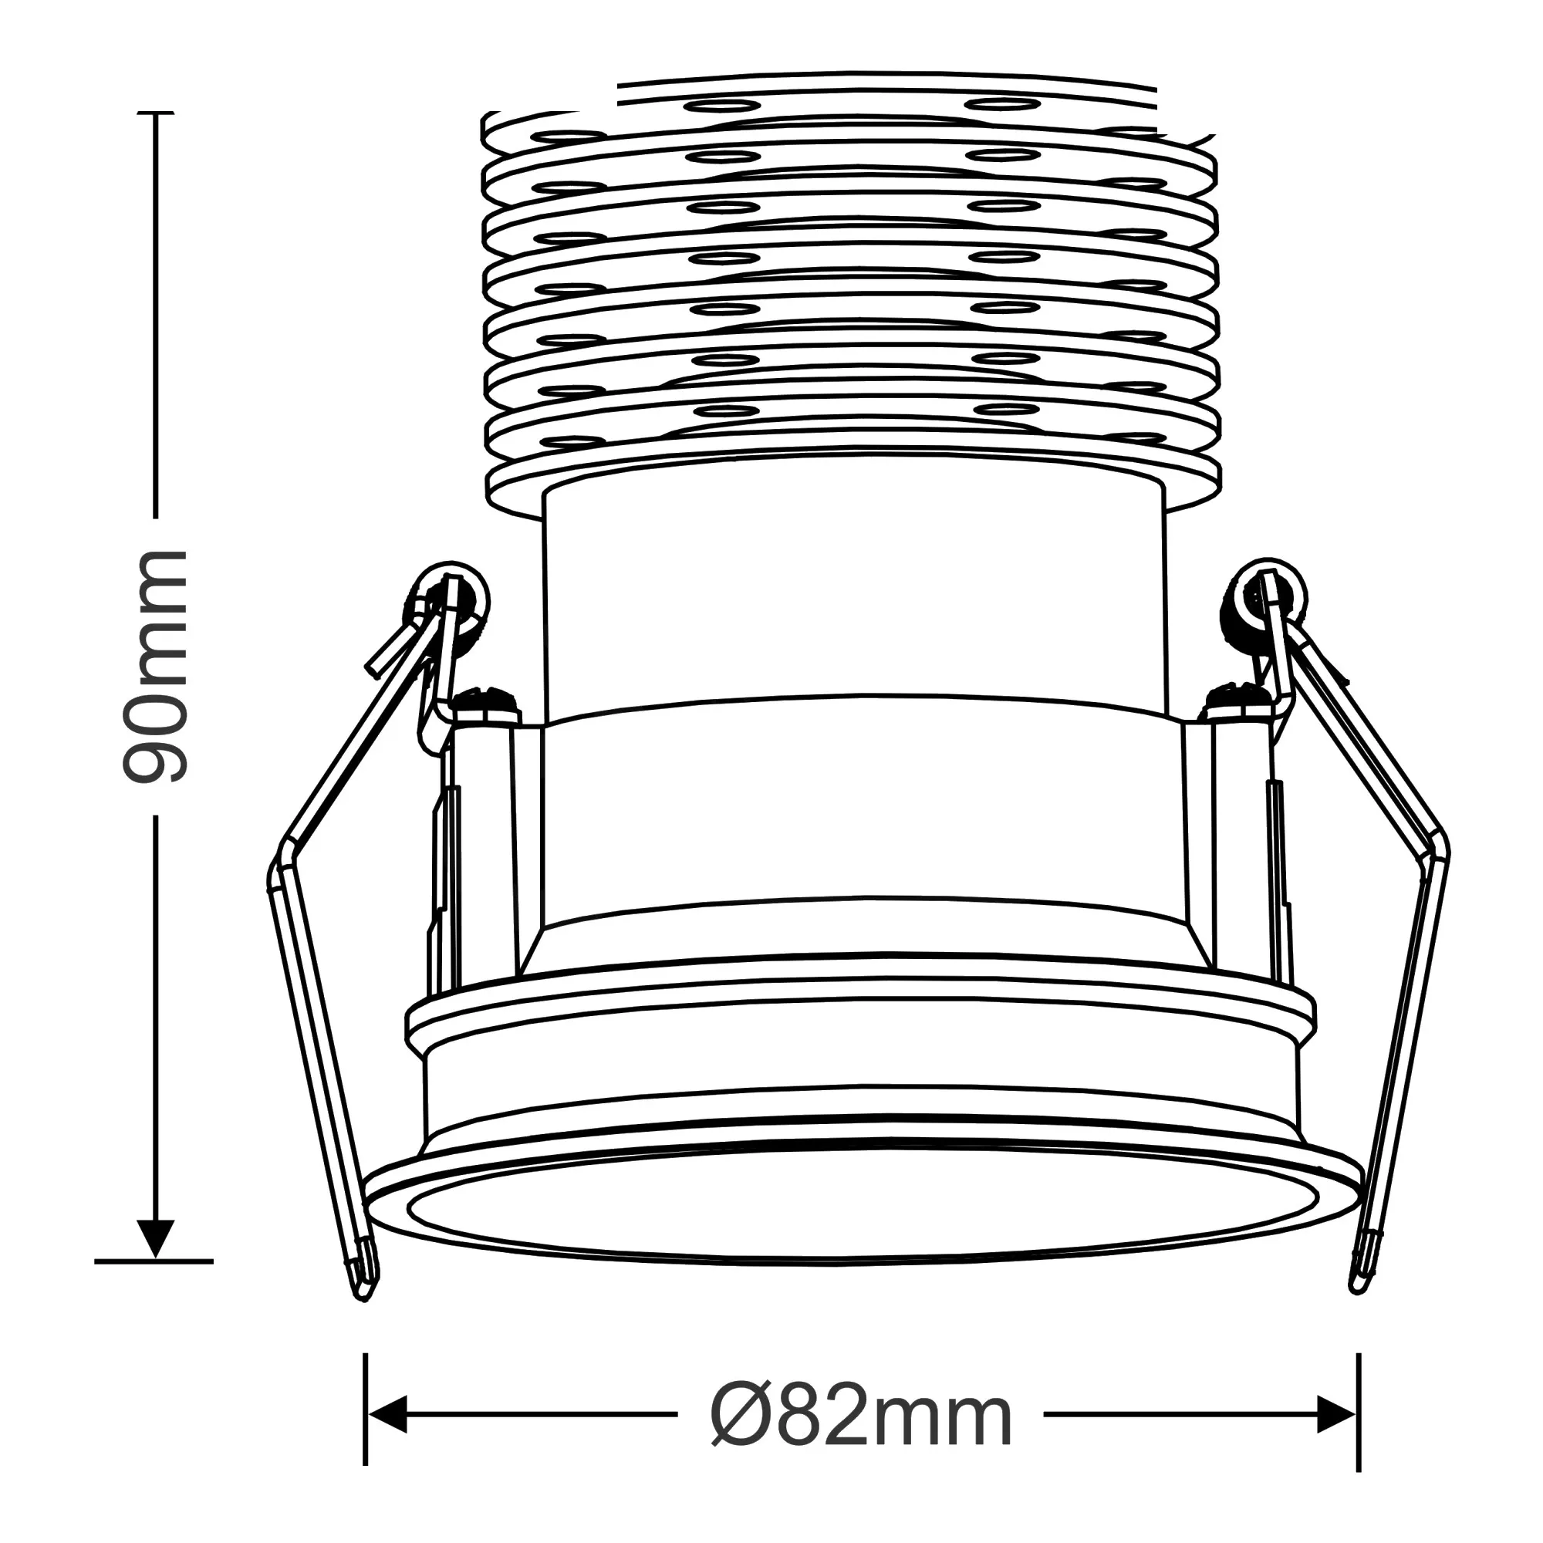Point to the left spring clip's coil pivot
[451, 597]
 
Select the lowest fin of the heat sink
[855, 483]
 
